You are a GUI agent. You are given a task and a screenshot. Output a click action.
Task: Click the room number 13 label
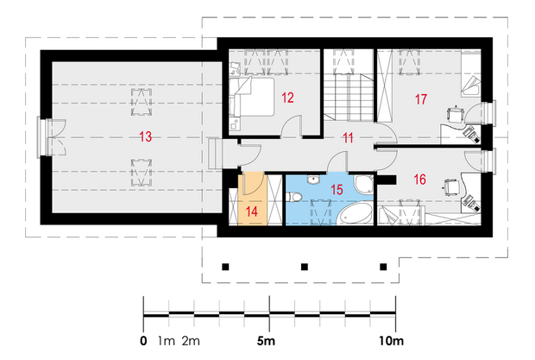(x=145, y=136)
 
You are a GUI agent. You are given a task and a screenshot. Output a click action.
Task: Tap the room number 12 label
(x=287, y=98)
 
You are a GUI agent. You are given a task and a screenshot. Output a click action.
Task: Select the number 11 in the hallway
(x=348, y=138)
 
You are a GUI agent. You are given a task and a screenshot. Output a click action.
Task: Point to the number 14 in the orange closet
(x=251, y=212)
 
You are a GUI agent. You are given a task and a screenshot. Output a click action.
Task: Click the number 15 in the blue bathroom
(x=337, y=190)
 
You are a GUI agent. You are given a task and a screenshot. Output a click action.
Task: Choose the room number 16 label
(x=419, y=180)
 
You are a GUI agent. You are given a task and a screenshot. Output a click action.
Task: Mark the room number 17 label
(x=421, y=99)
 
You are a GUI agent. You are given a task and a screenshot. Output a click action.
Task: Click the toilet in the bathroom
(x=293, y=197)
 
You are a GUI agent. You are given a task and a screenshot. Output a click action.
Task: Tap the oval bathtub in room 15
(x=356, y=214)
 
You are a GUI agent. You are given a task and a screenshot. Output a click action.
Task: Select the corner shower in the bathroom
(x=364, y=185)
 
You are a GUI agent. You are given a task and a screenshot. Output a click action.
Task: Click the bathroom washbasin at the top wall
(x=313, y=180)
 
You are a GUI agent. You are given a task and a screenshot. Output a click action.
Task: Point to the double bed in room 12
(x=252, y=97)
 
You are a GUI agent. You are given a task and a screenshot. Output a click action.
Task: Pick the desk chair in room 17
(x=456, y=115)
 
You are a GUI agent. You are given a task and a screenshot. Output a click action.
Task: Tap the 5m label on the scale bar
(x=266, y=340)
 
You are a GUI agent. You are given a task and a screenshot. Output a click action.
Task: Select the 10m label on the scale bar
(x=392, y=340)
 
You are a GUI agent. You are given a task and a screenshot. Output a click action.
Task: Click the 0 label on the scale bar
(x=143, y=340)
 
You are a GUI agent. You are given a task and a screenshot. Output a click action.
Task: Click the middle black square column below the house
(x=305, y=267)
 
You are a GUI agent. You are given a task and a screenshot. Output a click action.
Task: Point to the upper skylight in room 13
(x=142, y=102)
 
